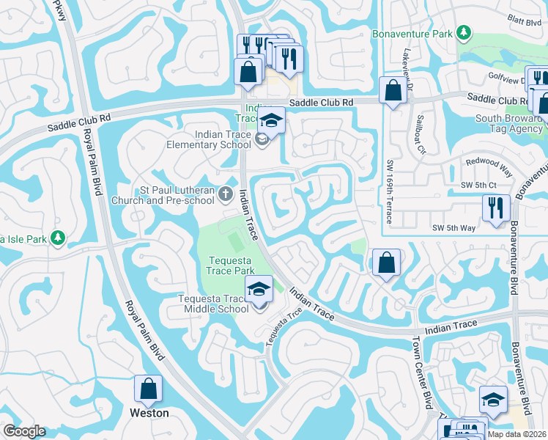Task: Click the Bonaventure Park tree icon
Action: click(x=463, y=33)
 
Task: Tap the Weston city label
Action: click(x=149, y=413)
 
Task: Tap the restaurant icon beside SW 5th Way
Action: click(x=496, y=208)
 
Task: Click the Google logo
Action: click(x=24, y=431)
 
